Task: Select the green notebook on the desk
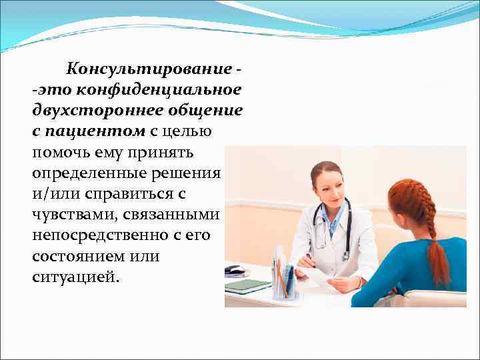click(x=247, y=285)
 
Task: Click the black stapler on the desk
click(x=233, y=270)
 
